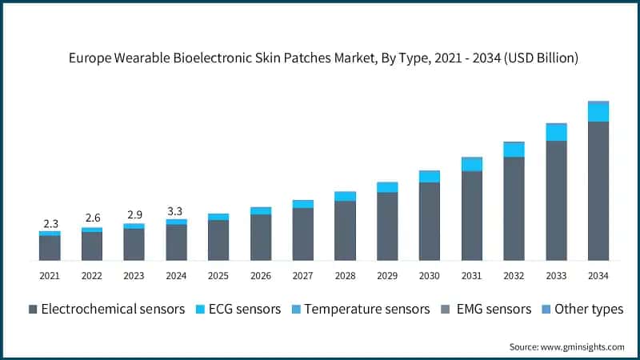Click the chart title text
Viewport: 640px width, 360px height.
tap(320, 58)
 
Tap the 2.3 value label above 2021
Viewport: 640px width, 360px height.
tap(50, 223)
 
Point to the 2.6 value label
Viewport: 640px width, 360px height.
tap(92, 218)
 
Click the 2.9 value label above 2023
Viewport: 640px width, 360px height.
tap(134, 215)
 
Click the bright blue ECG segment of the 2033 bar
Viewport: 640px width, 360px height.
tap(556, 132)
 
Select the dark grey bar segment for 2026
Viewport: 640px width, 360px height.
tap(261, 237)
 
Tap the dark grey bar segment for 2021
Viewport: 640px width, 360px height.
tap(50, 248)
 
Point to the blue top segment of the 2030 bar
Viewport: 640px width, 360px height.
tap(430, 176)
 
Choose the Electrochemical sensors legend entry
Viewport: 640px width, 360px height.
tap(107, 309)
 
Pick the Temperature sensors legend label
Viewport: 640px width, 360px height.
tap(367, 309)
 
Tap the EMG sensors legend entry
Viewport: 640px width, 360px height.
tap(488, 309)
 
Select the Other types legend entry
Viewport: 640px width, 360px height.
tap(583, 309)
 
